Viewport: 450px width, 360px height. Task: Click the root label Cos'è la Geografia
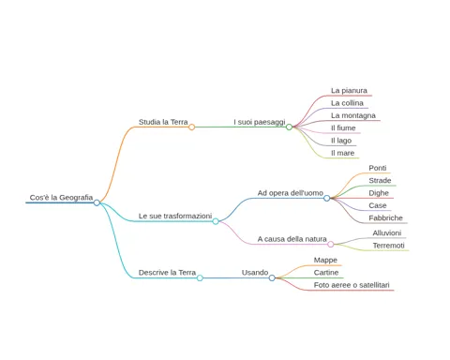click(61, 198)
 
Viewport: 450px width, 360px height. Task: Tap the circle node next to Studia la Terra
click(192, 127)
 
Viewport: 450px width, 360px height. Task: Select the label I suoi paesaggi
click(260, 122)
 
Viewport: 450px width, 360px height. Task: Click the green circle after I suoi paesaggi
click(289, 127)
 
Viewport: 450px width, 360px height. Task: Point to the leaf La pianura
click(349, 91)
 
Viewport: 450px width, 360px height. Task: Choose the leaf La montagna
click(353, 115)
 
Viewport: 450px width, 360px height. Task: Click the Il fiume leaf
click(343, 128)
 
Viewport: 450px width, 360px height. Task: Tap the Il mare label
click(342, 153)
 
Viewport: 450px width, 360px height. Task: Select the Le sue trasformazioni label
click(175, 216)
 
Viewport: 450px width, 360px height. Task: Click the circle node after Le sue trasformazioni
click(216, 221)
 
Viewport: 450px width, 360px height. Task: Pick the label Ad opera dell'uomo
click(291, 193)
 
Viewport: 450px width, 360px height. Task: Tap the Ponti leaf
click(378, 168)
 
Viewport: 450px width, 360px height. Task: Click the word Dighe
click(379, 193)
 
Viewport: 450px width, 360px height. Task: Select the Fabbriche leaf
click(385, 218)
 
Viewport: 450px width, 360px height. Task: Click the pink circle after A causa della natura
click(331, 244)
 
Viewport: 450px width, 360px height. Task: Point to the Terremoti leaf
click(388, 246)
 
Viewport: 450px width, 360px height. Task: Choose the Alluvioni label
click(387, 233)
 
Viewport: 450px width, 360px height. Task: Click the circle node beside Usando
click(272, 277)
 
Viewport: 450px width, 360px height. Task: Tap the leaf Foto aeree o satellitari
click(352, 285)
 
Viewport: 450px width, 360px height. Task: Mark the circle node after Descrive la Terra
click(200, 277)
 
